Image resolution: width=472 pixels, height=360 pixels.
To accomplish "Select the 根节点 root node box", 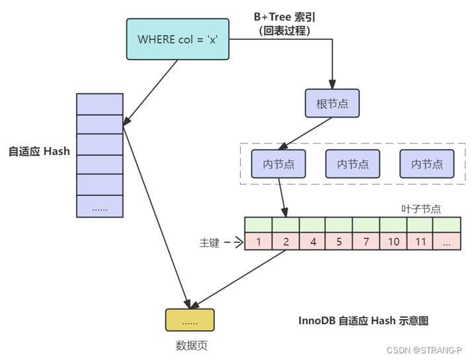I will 332,103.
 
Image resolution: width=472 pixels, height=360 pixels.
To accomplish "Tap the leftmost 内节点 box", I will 278,164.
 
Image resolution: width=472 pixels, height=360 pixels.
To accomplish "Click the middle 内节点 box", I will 352,164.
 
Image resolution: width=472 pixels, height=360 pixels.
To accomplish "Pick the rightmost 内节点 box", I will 426,164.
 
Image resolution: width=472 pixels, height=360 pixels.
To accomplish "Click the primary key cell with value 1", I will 258,242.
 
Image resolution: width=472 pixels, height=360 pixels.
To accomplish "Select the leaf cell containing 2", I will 286,242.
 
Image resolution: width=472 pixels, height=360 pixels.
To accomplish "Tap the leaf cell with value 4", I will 313,242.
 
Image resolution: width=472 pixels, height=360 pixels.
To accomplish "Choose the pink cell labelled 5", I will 339,242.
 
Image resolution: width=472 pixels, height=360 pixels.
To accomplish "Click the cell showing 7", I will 366,242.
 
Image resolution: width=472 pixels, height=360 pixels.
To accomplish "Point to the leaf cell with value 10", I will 393,242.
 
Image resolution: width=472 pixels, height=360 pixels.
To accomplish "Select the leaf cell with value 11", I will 420,242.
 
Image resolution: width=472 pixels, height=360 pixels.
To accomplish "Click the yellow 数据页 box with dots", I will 190,320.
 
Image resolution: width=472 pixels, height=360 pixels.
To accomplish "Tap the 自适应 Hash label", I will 39,151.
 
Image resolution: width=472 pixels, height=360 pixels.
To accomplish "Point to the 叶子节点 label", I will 420,208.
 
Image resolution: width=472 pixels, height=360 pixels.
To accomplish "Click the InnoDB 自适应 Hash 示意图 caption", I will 364,320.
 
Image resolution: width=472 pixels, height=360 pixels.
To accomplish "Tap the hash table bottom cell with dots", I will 100,207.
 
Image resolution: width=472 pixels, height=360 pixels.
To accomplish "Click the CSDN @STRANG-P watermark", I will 424,349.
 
